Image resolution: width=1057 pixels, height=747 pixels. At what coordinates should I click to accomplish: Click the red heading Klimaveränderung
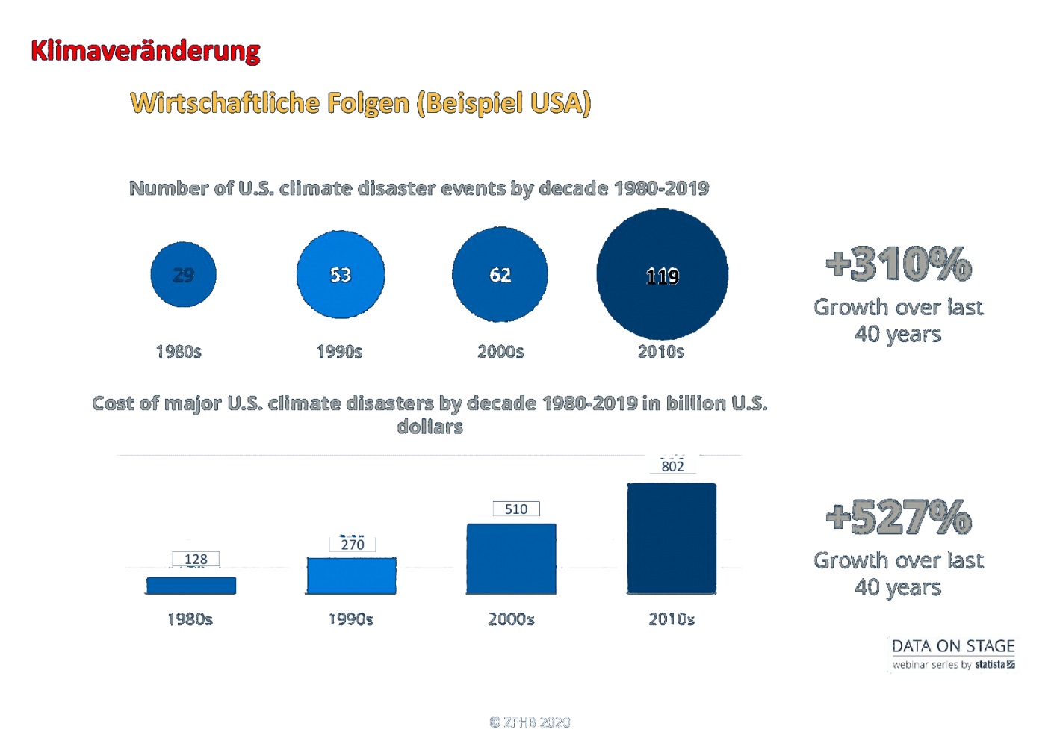(x=145, y=51)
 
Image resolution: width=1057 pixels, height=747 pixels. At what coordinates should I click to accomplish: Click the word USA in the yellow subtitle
(x=556, y=102)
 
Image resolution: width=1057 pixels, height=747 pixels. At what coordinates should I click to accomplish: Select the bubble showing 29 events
(x=183, y=275)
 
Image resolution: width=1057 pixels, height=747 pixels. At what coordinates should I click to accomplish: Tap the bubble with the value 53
(x=340, y=275)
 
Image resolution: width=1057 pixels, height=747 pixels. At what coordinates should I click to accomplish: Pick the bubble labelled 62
(x=500, y=275)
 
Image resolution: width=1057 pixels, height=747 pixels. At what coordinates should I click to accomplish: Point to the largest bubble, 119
(x=662, y=275)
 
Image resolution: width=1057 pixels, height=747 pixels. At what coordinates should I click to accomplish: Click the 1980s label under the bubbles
(x=179, y=352)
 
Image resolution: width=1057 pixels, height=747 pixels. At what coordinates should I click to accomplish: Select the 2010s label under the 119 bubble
(x=660, y=352)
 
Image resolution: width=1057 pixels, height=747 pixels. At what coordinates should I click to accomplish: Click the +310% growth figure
(x=899, y=264)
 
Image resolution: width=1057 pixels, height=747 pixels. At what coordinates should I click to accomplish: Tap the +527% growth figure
(x=899, y=517)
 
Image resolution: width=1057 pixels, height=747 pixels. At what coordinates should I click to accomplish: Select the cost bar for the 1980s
(x=191, y=586)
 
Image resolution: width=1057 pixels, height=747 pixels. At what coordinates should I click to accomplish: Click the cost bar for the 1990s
(x=351, y=576)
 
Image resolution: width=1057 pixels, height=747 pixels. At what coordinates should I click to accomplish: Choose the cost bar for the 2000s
(x=511, y=559)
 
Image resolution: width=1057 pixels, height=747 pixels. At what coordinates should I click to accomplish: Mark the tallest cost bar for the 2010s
(x=672, y=538)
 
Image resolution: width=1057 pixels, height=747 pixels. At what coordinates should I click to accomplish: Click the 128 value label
(x=196, y=559)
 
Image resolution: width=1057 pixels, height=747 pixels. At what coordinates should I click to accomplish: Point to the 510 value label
(x=515, y=509)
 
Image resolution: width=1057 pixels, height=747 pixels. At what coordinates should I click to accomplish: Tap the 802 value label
(x=672, y=466)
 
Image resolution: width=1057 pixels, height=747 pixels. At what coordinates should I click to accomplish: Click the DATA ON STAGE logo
(x=953, y=654)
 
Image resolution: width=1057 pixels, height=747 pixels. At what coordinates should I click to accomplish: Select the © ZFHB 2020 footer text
(x=530, y=722)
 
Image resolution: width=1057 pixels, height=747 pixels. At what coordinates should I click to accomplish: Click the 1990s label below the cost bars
(x=350, y=619)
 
